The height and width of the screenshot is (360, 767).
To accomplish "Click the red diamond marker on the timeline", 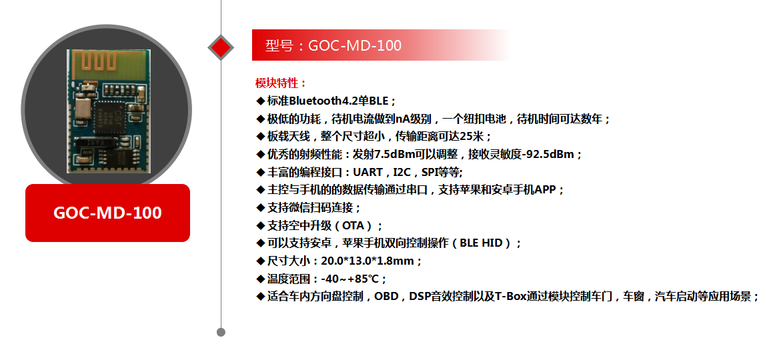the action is point(221,47).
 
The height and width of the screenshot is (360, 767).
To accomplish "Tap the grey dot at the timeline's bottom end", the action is point(221,333).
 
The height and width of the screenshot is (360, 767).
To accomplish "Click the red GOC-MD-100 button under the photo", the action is point(107,213).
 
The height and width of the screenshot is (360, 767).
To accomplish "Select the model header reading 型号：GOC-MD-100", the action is point(333,45).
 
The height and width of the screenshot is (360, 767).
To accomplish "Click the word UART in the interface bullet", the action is point(368,172).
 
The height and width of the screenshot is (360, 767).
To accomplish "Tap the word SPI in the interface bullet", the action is point(429,172).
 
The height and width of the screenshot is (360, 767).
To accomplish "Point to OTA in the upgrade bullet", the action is point(353,225).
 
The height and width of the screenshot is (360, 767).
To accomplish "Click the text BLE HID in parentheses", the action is point(482,243).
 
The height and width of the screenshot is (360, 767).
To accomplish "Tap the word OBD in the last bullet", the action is point(386,297).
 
